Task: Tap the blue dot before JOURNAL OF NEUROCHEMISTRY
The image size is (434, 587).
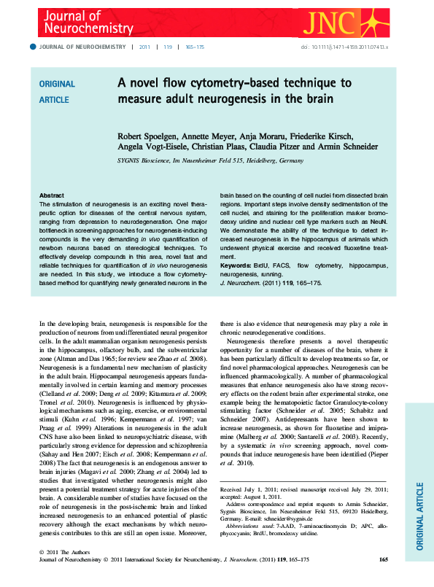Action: click(32, 46)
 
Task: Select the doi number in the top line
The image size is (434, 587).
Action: click(349, 46)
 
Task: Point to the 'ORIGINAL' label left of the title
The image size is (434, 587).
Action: click(56, 84)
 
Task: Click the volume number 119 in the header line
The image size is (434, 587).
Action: click(168, 46)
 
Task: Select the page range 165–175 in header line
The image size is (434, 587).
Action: click(195, 46)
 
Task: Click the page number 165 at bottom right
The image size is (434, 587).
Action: click(383, 559)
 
